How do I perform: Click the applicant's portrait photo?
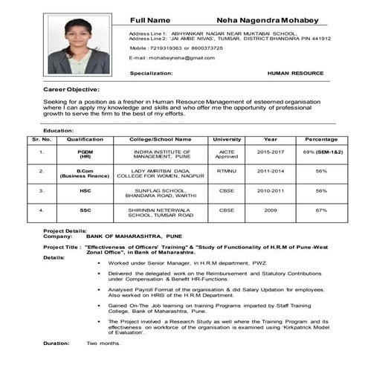[x=79, y=47]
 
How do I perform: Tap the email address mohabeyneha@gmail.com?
[x=174, y=57]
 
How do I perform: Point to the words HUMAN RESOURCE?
[x=295, y=74]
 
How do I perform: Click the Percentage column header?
[x=321, y=139]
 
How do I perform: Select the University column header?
[x=227, y=139]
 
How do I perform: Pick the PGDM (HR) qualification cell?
[x=85, y=154]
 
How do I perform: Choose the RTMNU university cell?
[x=227, y=171]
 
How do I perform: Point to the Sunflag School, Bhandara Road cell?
[x=161, y=193]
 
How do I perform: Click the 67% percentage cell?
[x=321, y=210]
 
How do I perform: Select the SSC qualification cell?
[x=85, y=210]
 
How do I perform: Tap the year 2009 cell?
[x=270, y=210]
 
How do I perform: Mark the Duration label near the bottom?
[x=57, y=343]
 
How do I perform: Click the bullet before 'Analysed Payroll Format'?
[x=100, y=290]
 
